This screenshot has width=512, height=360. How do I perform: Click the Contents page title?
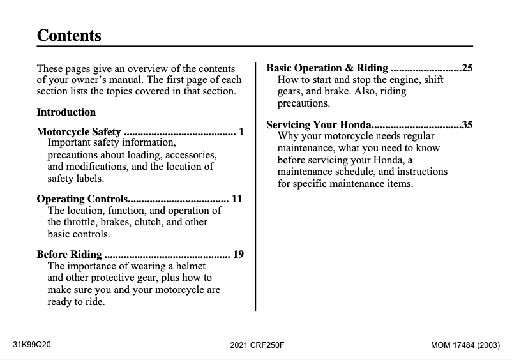pyautogui.click(x=69, y=35)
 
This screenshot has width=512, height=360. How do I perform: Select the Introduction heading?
pyautogui.click(x=66, y=112)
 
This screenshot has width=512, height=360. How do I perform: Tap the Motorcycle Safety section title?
pyautogui.click(x=79, y=132)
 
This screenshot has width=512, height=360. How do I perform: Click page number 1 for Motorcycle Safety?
pyautogui.click(x=241, y=132)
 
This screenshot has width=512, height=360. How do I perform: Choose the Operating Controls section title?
pyautogui.click(x=82, y=199)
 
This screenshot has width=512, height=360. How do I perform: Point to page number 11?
pyautogui.click(x=237, y=199)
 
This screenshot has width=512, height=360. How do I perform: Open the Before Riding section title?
pyautogui.click(x=69, y=255)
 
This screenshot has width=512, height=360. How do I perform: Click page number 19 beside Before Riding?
pyautogui.click(x=238, y=255)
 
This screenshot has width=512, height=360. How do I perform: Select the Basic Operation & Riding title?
pyautogui.click(x=327, y=68)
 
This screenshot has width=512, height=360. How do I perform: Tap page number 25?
pyautogui.click(x=467, y=68)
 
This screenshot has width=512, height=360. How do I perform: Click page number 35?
pyautogui.click(x=467, y=124)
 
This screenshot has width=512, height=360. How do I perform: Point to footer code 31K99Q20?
pyautogui.click(x=32, y=345)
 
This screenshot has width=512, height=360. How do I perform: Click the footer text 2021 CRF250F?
pyautogui.click(x=257, y=345)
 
